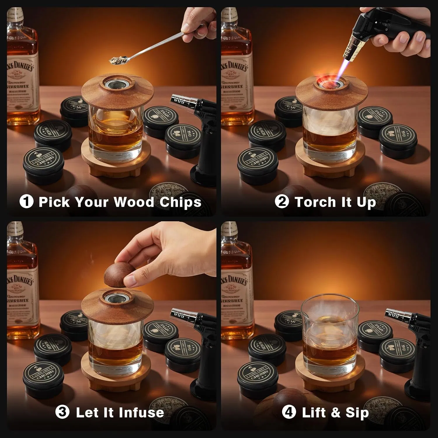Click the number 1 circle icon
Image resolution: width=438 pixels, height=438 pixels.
coord(26,202)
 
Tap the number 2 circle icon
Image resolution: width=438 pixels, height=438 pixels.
coord(282,202)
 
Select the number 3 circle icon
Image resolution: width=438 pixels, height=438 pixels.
coord(62,412)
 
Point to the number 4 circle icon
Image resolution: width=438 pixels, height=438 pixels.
coord(289,412)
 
